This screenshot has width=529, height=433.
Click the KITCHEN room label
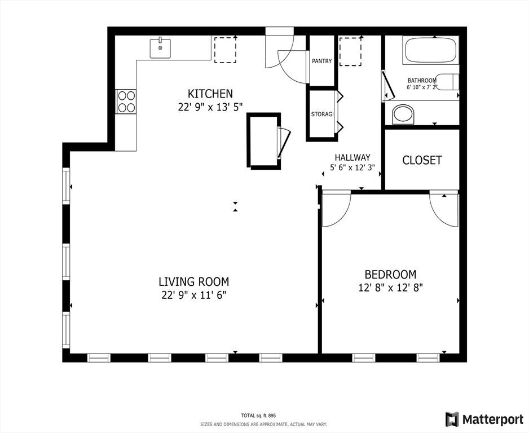[210, 94]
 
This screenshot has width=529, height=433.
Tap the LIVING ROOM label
[194, 281]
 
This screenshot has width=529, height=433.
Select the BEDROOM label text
[390, 275]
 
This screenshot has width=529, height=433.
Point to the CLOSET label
[422, 160]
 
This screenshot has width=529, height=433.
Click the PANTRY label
[322, 61]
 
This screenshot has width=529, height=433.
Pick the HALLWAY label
[352, 157]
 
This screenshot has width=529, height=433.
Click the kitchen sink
[160, 48]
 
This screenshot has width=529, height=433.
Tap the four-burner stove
[126, 101]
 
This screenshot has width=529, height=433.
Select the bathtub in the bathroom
[430, 50]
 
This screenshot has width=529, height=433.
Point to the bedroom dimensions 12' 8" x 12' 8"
[391, 288]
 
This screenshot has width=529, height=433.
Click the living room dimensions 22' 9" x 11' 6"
[193, 295]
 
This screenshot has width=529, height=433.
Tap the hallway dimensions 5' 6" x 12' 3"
[352, 167]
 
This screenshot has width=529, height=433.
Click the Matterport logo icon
[452, 419]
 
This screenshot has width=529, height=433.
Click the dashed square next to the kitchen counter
[225, 50]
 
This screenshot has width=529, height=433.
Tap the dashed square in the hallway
[351, 52]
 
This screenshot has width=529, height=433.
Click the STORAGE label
[322, 114]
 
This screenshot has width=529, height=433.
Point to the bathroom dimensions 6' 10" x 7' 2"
[422, 87]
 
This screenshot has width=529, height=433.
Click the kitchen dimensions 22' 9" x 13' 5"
[210, 107]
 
